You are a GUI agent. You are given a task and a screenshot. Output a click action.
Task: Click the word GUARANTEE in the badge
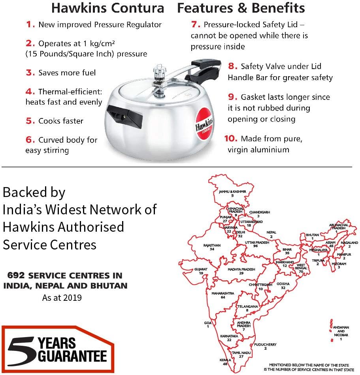pyautogui.click(x=72, y=356)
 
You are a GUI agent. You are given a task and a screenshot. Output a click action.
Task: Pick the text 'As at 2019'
pyautogui.click(x=62, y=297)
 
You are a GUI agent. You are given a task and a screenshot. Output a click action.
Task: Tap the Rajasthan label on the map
pyautogui.click(x=212, y=245)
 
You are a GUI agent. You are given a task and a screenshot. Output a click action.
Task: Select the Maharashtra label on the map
pyautogui.click(x=223, y=293)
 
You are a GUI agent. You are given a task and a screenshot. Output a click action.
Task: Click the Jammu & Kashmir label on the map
pyautogui.click(x=232, y=191)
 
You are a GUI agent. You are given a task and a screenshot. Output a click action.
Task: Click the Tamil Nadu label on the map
pyautogui.click(x=242, y=352)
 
